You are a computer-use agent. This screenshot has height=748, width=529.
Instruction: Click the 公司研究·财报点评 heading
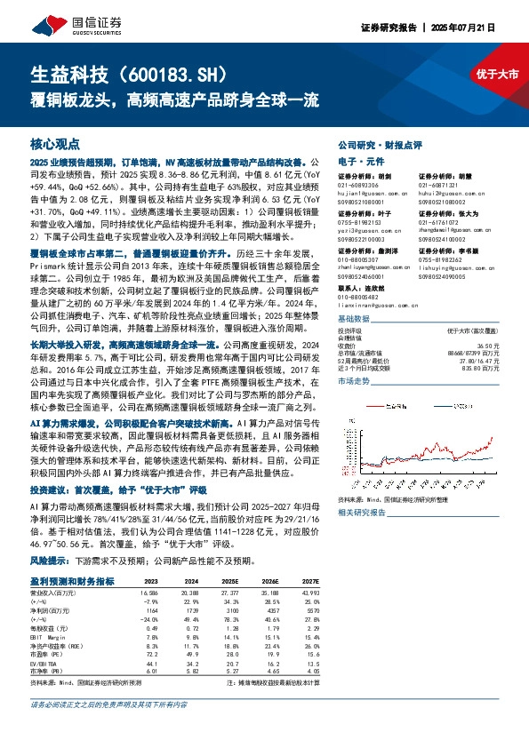pyautogui.click(x=380, y=145)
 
